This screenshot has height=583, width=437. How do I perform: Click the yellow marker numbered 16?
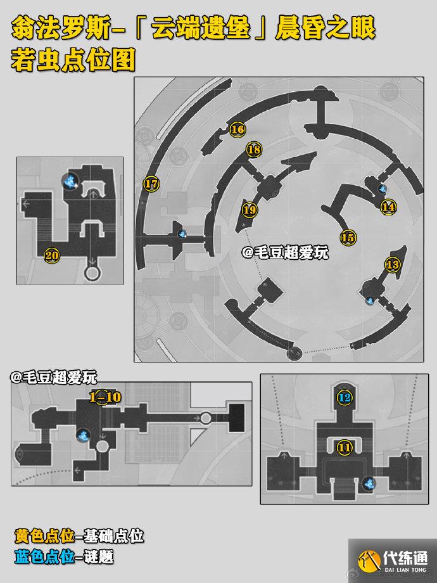[x=237, y=129]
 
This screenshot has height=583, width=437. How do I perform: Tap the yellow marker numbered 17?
[x=151, y=184]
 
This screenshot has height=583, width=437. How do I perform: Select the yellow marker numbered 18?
[x=254, y=150]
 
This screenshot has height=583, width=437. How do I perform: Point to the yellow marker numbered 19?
[x=250, y=210]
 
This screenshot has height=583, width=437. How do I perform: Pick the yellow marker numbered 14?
[x=388, y=207]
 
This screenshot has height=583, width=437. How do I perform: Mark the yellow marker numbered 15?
[x=348, y=237]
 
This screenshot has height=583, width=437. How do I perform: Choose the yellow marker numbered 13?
[x=393, y=265]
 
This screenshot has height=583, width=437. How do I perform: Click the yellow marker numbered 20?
[x=52, y=255]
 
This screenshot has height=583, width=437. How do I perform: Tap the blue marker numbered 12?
[x=345, y=398]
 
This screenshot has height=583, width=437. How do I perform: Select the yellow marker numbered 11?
[x=345, y=447]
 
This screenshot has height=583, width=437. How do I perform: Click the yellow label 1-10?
[x=106, y=397]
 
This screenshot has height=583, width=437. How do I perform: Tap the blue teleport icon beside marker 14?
[x=383, y=189]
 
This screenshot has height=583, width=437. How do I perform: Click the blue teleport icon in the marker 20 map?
[x=70, y=181]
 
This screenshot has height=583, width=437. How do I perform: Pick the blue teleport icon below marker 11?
[x=369, y=484]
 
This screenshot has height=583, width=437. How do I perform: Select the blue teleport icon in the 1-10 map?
[x=83, y=435]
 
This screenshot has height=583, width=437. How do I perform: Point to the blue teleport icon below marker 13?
[x=370, y=300]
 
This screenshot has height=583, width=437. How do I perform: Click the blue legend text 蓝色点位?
[x=44, y=557]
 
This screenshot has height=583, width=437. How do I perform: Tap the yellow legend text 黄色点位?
[x=44, y=535]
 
